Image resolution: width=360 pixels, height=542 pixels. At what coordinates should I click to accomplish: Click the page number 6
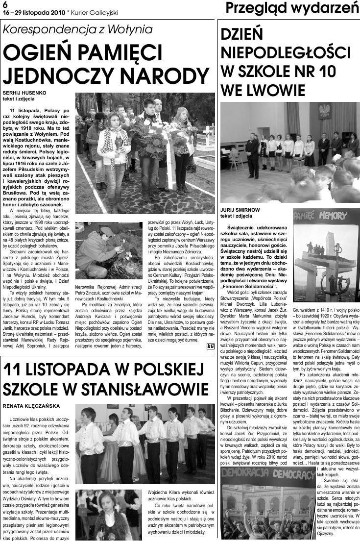(x=5, y=4)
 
